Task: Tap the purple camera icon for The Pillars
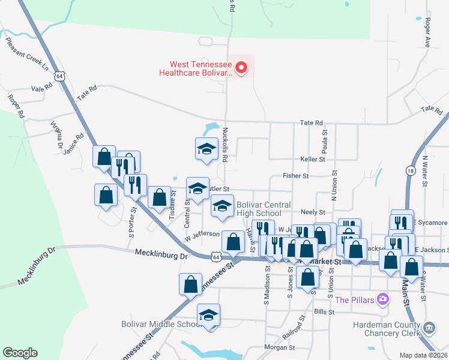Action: pyautogui.click(x=382, y=299)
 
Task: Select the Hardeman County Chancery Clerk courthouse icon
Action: pyautogui.click(x=429, y=328)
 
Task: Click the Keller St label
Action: pyautogui.click(x=312, y=159)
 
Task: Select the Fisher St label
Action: pyautogui.click(x=295, y=176)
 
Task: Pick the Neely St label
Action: pyautogui.click(x=312, y=212)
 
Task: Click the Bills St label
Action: pyautogui.click(x=323, y=312)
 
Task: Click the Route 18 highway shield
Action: pyautogui.click(x=410, y=172)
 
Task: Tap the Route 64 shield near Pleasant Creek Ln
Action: pyautogui.click(x=58, y=76)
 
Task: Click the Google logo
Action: pyautogui.click(x=20, y=352)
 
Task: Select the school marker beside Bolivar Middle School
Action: pyautogui.click(x=208, y=316)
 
